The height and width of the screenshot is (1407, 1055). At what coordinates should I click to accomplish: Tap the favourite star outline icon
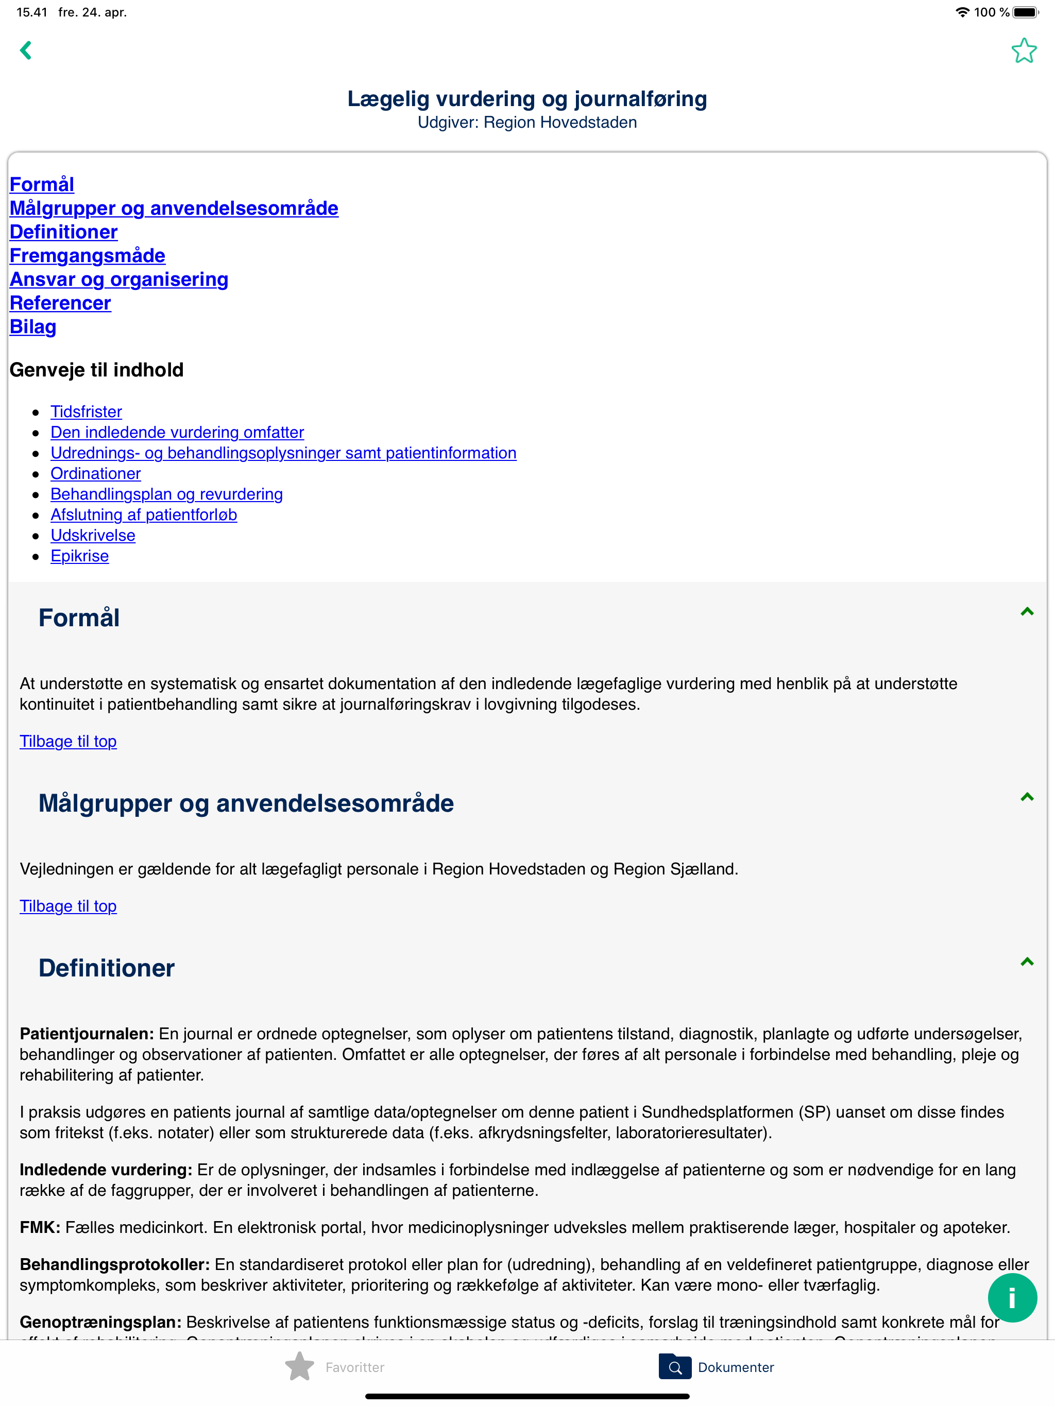coord(1023,51)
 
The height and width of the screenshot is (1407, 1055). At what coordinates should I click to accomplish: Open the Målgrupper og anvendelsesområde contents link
coord(174,208)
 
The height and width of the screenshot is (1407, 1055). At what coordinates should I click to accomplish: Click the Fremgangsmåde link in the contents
coord(87,256)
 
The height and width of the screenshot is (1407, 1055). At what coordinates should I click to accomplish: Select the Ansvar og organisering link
coord(119,279)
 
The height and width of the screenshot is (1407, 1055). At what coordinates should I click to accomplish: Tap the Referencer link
coord(60,303)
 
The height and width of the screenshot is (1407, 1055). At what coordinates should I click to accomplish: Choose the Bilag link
coord(33,327)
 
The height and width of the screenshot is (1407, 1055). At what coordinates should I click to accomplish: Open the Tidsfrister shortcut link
coord(86,411)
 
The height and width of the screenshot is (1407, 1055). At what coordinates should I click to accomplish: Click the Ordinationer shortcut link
coord(95,473)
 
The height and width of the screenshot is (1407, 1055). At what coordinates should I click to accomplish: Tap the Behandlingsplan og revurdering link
coord(167,494)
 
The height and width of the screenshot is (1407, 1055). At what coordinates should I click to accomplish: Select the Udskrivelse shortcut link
coord(93,536)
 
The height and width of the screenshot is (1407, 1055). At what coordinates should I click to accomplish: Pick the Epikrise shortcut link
coord(79,556)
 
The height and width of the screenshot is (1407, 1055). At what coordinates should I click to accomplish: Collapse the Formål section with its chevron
coord(1026,612)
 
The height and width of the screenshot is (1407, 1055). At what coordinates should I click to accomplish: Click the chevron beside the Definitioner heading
coord(1026,962)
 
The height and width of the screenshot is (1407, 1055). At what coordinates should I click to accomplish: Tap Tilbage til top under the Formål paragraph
coord(68,742)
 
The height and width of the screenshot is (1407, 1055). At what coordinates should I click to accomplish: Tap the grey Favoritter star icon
coord(300,1367)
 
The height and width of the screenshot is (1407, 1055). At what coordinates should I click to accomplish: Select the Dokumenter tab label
coord(736,1367)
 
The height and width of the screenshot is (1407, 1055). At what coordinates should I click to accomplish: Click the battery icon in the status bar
coord(1025,12)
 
